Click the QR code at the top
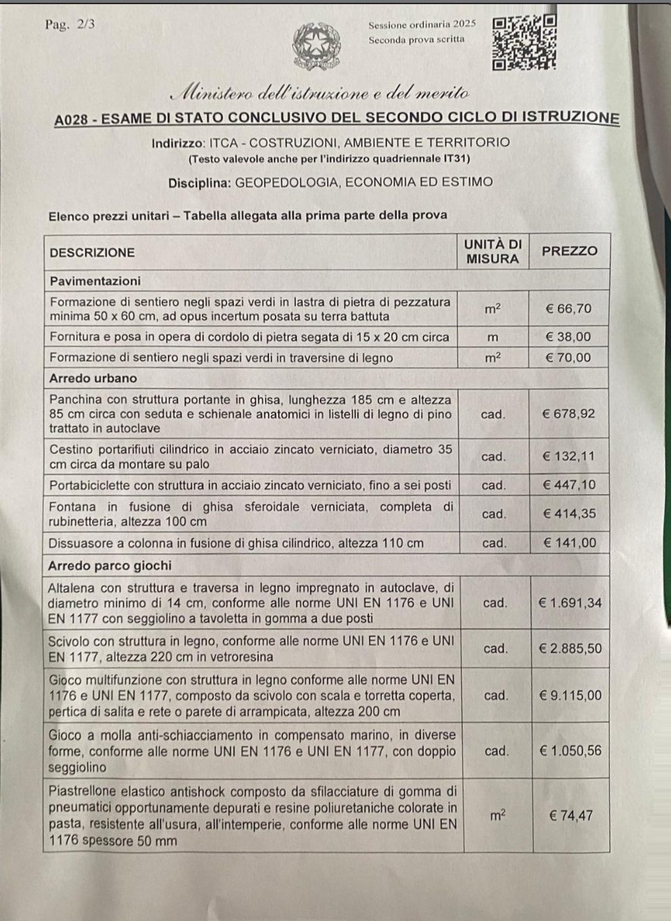[524, 43]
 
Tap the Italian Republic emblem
[316, 47]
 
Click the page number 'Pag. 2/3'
[70, 25]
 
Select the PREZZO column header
[569, 251]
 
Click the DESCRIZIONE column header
[92, 252]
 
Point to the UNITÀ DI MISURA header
[492, 251]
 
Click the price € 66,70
[568, 308]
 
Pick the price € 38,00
[568, 337]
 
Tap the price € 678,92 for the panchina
[568, 413]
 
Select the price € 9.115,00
[570, 695]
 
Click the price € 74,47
[571, 815]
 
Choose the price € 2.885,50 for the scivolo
[570, 648]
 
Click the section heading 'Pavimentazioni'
[95, 281]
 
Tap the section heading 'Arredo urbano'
[93, 379]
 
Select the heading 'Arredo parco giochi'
[110, 565]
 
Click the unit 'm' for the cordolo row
[492, 338]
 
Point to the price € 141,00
[569, 542]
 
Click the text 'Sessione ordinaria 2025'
[422, 24]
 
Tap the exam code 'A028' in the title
[72, 119]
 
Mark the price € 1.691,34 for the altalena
[570, 603]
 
